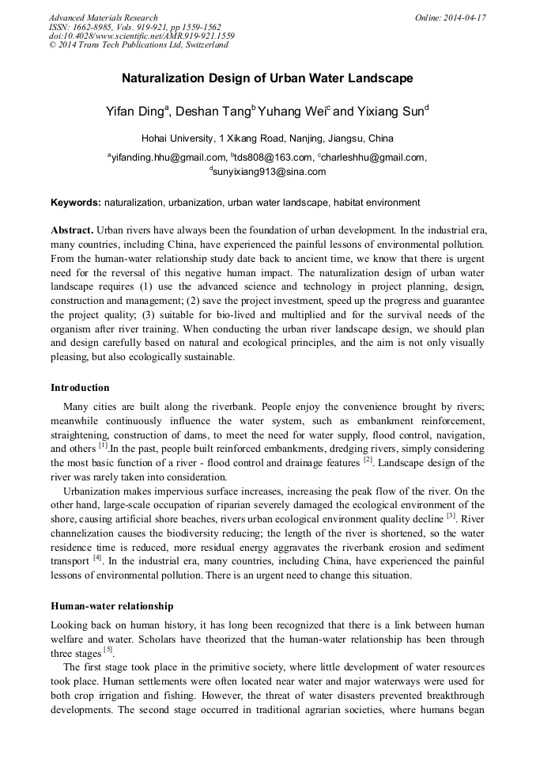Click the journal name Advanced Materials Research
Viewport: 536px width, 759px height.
tap(103, 17)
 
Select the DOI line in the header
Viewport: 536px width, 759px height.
tap(141, 36)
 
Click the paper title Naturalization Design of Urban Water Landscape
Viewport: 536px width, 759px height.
tap(267, 79)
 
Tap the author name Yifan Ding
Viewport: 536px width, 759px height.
tap(135, 112)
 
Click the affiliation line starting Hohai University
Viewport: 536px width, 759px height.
tap(267, 138)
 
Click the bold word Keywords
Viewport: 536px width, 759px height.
tap(75, 203)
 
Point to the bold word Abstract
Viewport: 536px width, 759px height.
tap(72, 229)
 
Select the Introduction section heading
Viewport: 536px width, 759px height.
tap(80, 388)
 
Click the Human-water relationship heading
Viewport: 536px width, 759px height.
tap(111, 606)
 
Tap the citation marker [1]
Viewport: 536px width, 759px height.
tap(103, 446)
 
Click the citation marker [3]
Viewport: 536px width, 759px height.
tap(451, 516)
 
